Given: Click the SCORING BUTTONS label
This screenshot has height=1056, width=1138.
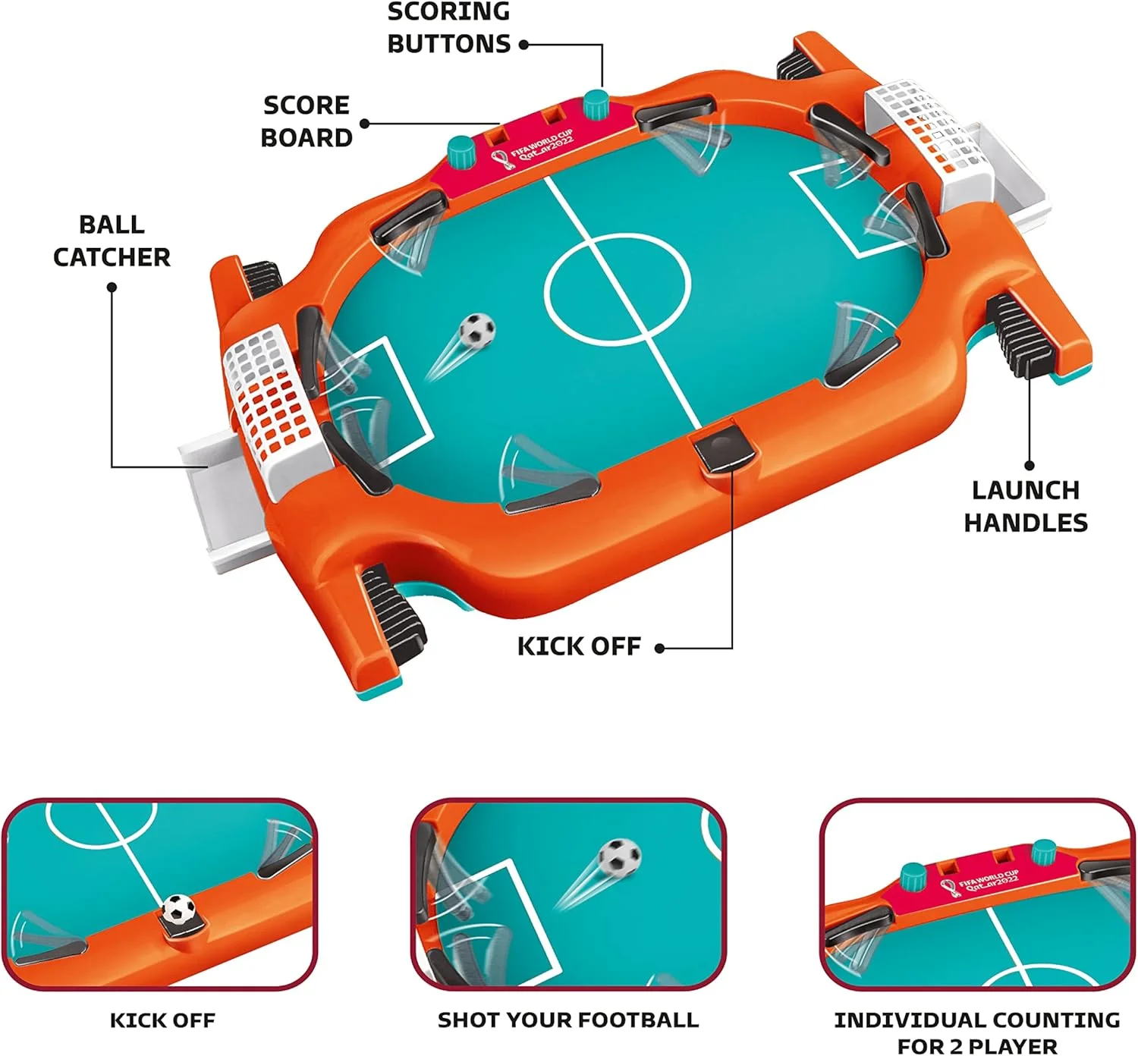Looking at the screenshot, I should pyautogui.click(x=448, y=28).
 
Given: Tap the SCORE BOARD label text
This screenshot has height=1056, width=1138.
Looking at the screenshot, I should pyautogui.click(x=306, y=121).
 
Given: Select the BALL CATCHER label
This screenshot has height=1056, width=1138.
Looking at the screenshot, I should pyautogui.click(x=112, y=240).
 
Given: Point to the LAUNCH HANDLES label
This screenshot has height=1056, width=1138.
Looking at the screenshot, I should pyautogui.click(x=1026, y=506).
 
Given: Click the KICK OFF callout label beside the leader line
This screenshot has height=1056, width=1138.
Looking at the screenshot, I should pyautogui.click(x=579, y=646).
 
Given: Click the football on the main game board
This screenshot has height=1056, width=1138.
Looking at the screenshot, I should pyautogui.click(x=478, y=331).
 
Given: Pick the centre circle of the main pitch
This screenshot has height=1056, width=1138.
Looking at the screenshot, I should pyautogui.click(x=618, y=289).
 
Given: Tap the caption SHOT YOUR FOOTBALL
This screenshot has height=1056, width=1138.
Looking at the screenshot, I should pyautogui.click(x=568, y=1020).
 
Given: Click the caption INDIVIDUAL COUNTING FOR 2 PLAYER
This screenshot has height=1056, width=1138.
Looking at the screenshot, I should pyautogui.click(x=977, y=1032).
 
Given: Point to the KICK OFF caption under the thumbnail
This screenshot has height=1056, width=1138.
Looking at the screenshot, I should pyautogui.click(x=162, y=1020).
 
